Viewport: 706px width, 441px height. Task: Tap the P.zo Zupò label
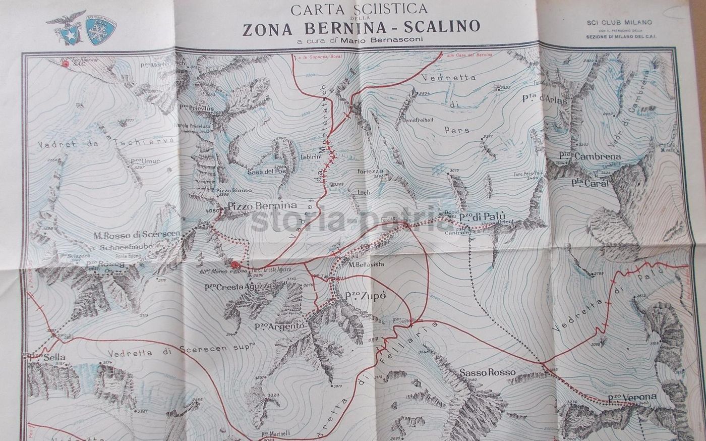coord(366,296)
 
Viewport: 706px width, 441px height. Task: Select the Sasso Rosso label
coord(488,373)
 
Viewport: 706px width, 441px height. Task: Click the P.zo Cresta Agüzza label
coord(239,286)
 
